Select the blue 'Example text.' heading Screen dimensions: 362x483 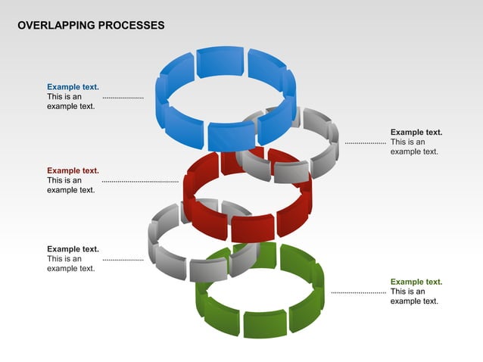coord(73,87)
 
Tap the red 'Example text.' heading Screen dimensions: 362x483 coord(73,170)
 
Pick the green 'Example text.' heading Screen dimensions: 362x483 coord(416,282)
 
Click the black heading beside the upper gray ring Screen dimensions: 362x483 coord(416,132)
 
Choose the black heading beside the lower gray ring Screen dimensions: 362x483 coord(73,248)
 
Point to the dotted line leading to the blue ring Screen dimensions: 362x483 coord(123,98)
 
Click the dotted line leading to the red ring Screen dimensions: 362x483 coord(140,182)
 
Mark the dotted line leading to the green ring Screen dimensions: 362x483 coord(358,292)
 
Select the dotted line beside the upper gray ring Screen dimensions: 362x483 coord(365,142)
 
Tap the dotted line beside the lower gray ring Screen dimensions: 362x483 coord(123,260)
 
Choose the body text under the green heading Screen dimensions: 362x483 coord(414,296)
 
